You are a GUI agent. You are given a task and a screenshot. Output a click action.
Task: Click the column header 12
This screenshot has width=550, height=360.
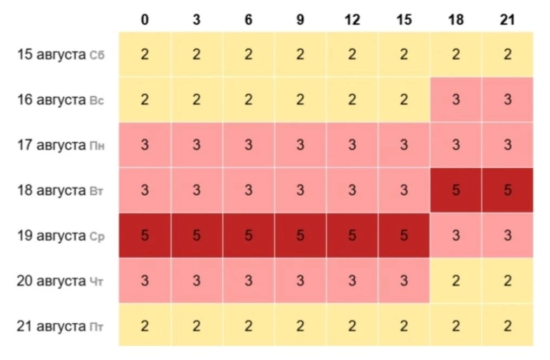(x=352, y=19)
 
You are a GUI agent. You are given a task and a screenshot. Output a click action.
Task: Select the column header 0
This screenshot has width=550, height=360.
(x=144, y=19)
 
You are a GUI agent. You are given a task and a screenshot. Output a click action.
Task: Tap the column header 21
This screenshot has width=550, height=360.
(x=507, y=19)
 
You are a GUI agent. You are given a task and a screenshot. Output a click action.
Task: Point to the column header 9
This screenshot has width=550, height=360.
(x=300, y=19)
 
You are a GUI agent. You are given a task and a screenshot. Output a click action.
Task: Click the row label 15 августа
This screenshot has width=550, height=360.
(x=51, y=55)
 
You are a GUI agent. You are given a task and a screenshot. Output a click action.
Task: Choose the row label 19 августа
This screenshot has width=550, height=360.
(x=51, y=236)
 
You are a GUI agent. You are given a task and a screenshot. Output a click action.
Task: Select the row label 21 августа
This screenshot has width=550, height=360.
(x=51, y=326)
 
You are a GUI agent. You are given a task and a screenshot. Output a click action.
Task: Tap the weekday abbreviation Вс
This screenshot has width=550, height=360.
(x=97, y=101)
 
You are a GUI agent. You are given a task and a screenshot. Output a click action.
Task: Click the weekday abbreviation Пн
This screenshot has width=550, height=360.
(x=97, y=145)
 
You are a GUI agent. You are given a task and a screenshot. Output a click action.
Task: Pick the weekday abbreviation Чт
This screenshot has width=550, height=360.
(x=96, y=282)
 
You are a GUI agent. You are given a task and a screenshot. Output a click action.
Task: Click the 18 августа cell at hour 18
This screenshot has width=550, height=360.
(x=456, y=190)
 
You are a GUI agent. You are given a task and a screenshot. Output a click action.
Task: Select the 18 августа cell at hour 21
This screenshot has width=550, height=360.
(x=508, y=190)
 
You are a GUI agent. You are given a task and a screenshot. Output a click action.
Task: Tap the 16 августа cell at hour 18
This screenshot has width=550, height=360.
(x=456, y=99)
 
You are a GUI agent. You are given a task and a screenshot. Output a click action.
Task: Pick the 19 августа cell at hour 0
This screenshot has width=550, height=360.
(x=144, y=235)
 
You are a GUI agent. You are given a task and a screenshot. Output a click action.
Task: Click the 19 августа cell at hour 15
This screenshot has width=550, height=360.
(x=404, y=235)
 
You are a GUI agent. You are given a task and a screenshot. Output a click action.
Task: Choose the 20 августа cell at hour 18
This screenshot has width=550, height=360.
(x=456, y=281)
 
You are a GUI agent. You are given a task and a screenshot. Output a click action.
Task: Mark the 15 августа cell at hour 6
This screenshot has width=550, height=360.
(x=248, y=55)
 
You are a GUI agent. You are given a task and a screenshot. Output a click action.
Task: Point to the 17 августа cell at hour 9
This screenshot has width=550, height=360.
(x=300, y=145)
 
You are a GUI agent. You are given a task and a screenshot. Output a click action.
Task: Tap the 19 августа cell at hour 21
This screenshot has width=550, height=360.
(x=508, y=235)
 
